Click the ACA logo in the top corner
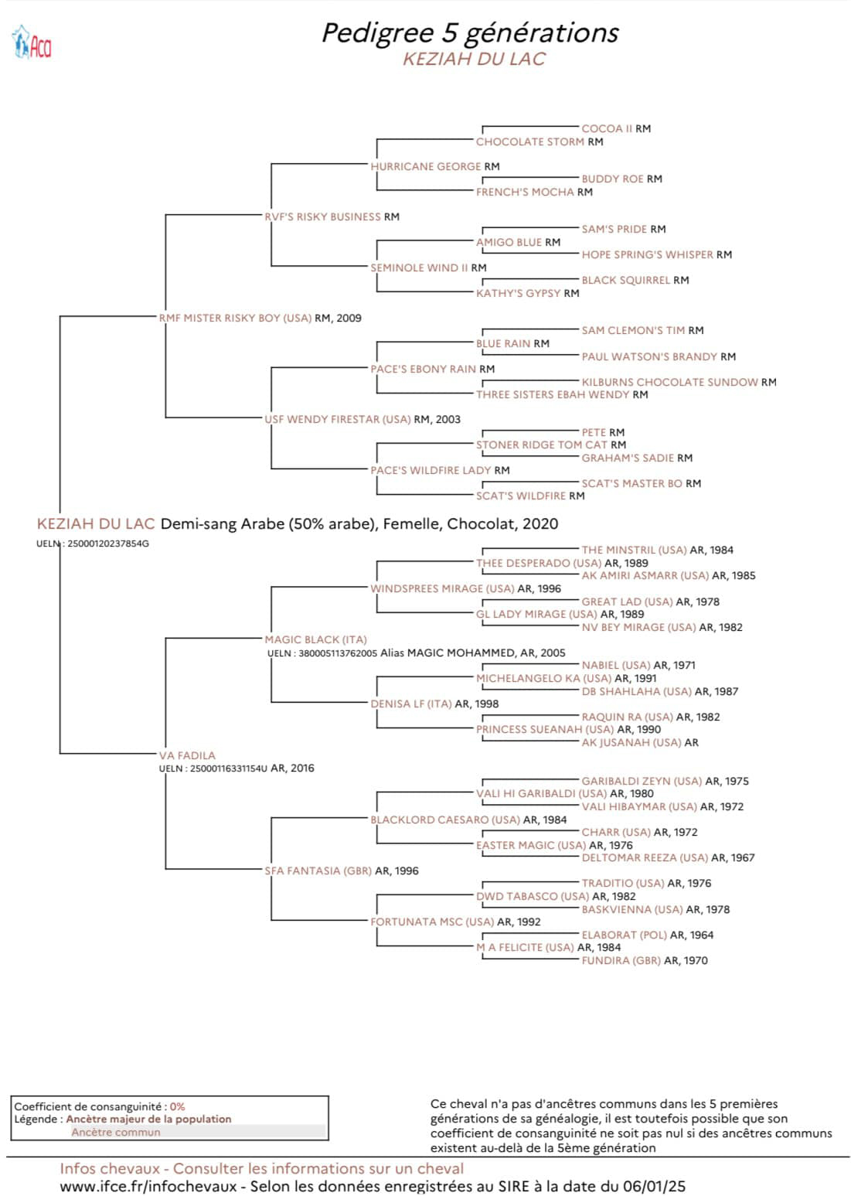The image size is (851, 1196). pyautogui.click(x=32, y=42)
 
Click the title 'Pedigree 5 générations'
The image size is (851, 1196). pyautogui.click(x=470, y=33)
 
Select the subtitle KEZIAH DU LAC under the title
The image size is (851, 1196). pyautogui.click(x=474, y=59)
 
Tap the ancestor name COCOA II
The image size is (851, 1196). pyautogui.click(x=607, y=128)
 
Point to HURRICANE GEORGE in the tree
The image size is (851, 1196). pyautogui.click(x=425, y=166)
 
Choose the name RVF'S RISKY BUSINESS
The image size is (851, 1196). pyautogui.click(x=322, y=216)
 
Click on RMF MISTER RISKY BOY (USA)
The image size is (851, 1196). pyautogui.click(x=235, y=319)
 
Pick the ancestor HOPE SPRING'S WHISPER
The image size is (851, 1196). pyautogui.click(x=647, y=254)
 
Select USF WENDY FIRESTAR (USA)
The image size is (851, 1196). pyautogui.click(x=338, y=420)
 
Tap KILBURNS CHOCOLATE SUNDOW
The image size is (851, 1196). pyautogui.click(x=669, y=382)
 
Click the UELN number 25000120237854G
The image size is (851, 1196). pyautogui.click(x=108, y=543)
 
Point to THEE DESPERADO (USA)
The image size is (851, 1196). pyautogui.click(x=539, y=564)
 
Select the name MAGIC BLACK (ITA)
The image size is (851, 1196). pyautogui.click(x=315, y=639)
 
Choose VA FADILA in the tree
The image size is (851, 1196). pyautogui.click(x=187, y=755)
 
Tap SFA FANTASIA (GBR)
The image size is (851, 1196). pyautogui.click(x=318, y=871)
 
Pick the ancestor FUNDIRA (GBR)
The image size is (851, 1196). pyautogui.click(x=621, y=960)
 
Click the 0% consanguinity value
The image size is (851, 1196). pyautogui.click(x=177, y=1107)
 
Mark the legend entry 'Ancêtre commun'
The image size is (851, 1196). pyautogui.click(x=116, y=1133)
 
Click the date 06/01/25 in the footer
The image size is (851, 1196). pyautogui.click(x=655, y=1186)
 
